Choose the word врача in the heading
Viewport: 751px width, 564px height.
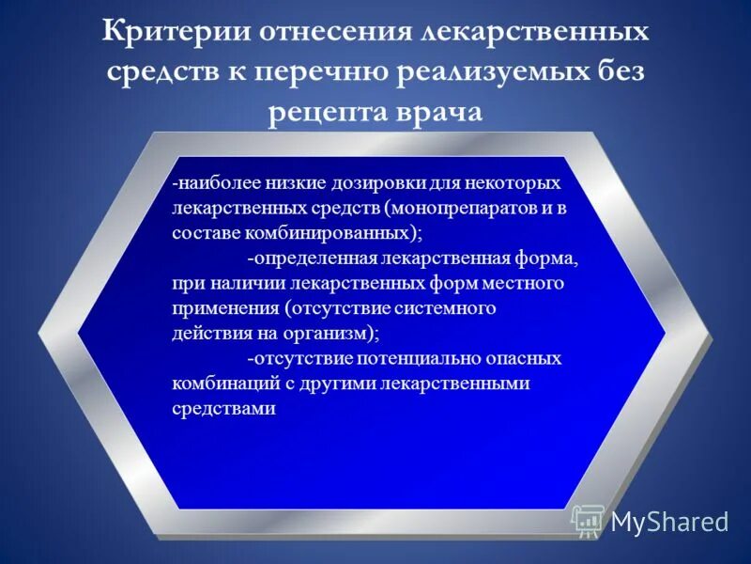pyautogui.click(x=437, y=113)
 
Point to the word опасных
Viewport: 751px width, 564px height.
pyautogui.click(x=529, y=358)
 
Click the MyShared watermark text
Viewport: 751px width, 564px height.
pyautogui.click(x=669, y=522)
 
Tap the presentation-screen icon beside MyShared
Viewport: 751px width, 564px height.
pyautogui.click(x=589, y=521)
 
